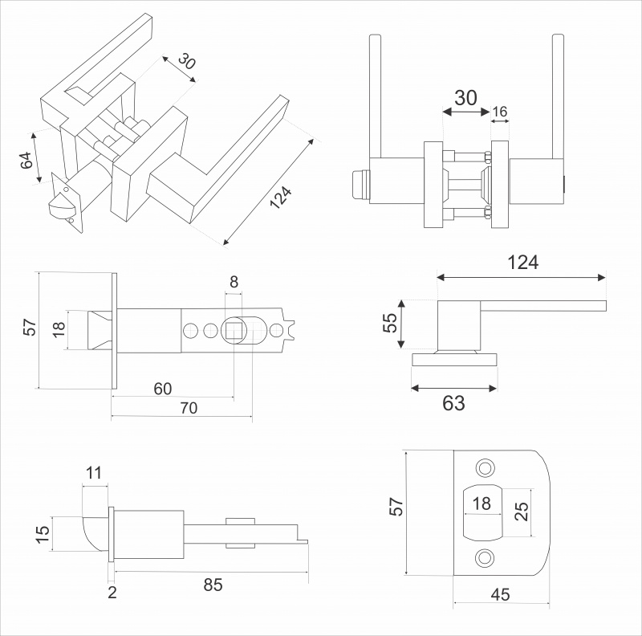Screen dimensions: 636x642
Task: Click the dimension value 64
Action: (x=26, y=159)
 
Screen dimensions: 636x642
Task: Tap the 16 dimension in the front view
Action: (x=500, y=112)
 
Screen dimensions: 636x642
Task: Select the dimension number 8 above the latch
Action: (x=234, y=281)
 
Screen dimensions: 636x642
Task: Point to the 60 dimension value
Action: (x=163, y=389)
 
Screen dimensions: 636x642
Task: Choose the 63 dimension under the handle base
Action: (x=453, y=403)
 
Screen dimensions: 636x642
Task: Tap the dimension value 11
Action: (x=95, y=473)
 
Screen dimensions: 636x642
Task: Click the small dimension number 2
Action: (x=112, y=593)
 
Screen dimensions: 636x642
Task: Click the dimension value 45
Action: (x=500, y=594)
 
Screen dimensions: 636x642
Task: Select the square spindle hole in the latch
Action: (x=235, y=329)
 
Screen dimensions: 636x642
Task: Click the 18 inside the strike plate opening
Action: (x=481, y=503)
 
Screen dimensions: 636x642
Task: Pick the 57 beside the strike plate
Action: (x=396, y=506)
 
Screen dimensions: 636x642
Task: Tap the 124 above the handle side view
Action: (x=522, y=263)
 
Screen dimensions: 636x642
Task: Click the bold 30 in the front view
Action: (x=465, y=98)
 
